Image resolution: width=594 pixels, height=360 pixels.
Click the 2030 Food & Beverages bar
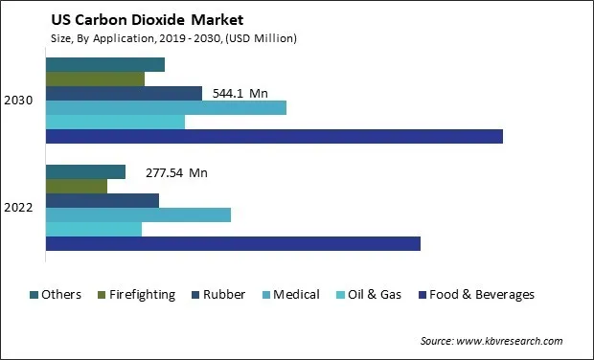(274, 136)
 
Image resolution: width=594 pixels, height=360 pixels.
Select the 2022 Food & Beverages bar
(233, 244)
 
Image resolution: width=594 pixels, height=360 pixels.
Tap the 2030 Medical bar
(166, 107)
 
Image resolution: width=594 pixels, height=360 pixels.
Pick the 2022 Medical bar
(138, 214)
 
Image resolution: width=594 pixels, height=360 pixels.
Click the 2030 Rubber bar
(124, 93)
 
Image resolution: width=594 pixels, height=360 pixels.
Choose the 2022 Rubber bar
(103, 200)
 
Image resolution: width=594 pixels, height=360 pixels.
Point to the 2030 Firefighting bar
(95, 79)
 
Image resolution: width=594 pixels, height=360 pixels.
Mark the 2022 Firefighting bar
(77, 186)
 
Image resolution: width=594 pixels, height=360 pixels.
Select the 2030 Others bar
(105, 64)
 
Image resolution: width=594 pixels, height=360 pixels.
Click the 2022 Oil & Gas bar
(94, 229)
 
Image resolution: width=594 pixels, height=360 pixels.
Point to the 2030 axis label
(20, 101)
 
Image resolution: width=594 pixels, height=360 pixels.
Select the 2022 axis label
(20, 208)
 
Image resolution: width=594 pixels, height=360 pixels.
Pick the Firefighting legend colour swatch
(101, 295)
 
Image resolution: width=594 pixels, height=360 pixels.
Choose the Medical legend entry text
(296, 295)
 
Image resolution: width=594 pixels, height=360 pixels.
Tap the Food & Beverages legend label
(482, 295)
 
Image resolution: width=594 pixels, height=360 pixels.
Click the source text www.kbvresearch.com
(491, 341)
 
